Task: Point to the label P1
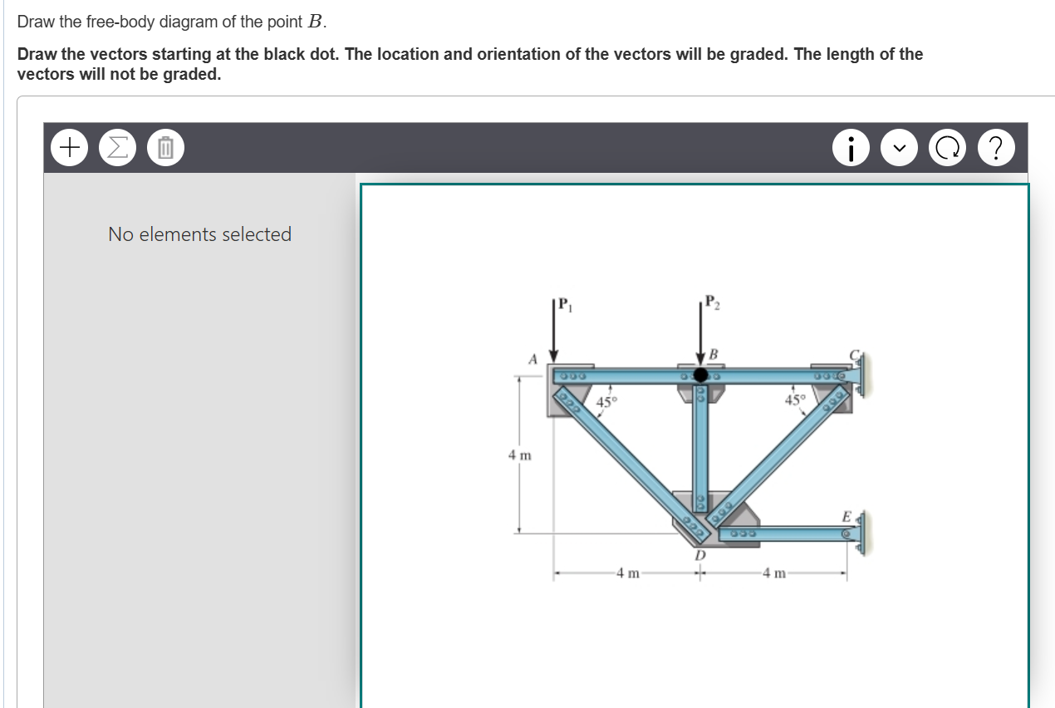click(564, 302)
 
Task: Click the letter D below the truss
click(699, 553)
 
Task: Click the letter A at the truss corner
click(534, 358)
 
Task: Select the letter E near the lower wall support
click(846, 517)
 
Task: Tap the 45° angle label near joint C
click(795, 400)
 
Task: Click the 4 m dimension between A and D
click(628, 573)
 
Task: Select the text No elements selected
click(199, 234)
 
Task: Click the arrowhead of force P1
click(552, 355)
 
